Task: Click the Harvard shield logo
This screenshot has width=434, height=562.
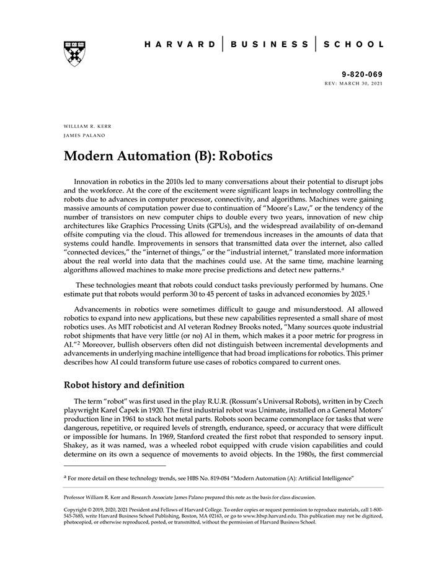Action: pyautogui.click(x=74, y=54)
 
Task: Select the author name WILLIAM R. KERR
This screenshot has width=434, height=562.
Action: pyautogui.click(x=88, y=126)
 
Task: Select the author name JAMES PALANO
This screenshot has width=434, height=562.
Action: pyautogui.click(x=84, y=136)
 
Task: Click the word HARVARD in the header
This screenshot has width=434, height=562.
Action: pyautogui.click(x=179, y=45)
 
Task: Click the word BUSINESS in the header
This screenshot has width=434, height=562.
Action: pyautogui.click(x=269, y=45)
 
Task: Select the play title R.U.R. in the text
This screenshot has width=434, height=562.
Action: pyautogui.click(x=220, y=401)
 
